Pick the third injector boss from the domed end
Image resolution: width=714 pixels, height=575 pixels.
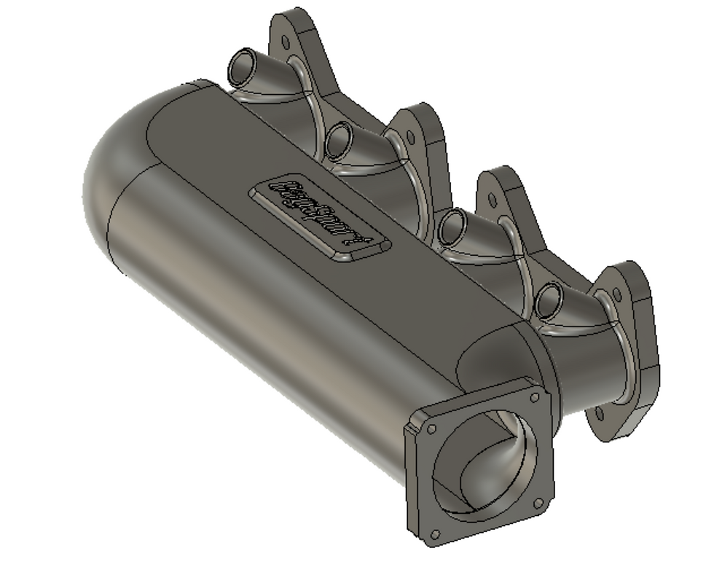coord(452,227)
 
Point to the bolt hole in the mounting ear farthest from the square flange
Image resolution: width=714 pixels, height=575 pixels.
coord(285,42)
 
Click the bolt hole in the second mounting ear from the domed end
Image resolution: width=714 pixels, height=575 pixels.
coord(410,136)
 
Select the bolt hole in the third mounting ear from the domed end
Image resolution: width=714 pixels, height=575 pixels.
coord(493,200)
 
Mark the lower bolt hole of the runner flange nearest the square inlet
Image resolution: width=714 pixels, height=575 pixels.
coord(599,414)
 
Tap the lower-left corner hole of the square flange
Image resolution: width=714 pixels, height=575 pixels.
coord(435,535)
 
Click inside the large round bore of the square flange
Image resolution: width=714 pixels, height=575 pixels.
coord(484,466)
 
